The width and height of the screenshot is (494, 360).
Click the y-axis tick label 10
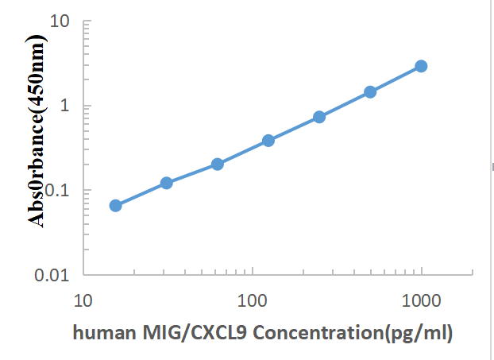60,21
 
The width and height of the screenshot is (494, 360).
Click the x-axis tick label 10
83,301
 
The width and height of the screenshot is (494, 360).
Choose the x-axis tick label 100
252,301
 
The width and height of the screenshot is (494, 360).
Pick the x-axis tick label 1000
420,301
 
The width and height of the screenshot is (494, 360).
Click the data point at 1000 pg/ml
421,66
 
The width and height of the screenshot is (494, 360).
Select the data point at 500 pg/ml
370,91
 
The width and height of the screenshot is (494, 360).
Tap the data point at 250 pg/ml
319,117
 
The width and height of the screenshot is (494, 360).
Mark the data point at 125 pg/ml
268,141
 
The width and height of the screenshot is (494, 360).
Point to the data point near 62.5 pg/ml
218,164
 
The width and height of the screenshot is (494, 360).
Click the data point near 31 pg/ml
167,183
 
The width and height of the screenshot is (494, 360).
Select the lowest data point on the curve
116,205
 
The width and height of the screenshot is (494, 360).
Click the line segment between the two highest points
396,79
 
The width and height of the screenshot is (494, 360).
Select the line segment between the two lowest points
141,194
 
